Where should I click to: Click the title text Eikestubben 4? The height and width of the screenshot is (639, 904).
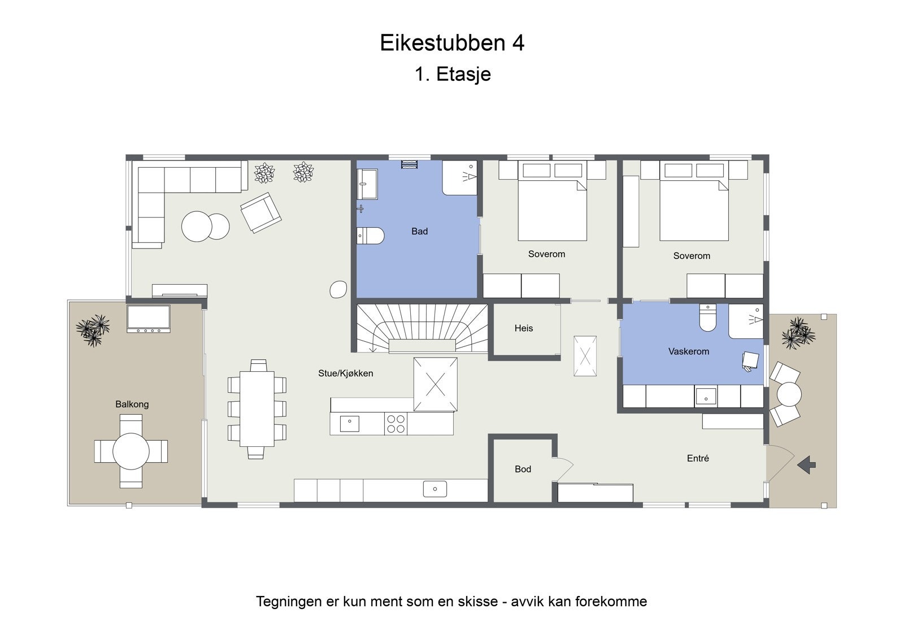452,44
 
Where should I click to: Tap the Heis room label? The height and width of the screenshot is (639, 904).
523,328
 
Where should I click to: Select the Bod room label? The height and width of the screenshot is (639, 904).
523,469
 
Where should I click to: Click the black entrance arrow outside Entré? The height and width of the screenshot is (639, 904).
806,465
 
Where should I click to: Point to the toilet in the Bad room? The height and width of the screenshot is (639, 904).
371,235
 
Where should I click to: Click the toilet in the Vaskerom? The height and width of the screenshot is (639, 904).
707,318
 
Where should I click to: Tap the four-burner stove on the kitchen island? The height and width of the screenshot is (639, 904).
395,424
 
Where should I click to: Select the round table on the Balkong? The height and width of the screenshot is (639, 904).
131,451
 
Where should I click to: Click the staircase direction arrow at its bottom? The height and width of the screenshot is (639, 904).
372,348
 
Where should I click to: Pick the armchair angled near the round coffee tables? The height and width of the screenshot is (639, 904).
260,212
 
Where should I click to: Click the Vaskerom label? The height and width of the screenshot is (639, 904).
688,351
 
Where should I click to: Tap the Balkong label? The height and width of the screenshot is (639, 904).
132,404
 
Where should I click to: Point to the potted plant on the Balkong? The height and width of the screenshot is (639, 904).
93,329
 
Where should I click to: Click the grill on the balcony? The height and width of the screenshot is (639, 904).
148,319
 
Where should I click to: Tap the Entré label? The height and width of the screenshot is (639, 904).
698,459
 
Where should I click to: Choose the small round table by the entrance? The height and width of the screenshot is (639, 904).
789,394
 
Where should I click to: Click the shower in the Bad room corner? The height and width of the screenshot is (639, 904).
460,177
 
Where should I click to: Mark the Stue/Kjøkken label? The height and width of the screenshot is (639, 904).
345,373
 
